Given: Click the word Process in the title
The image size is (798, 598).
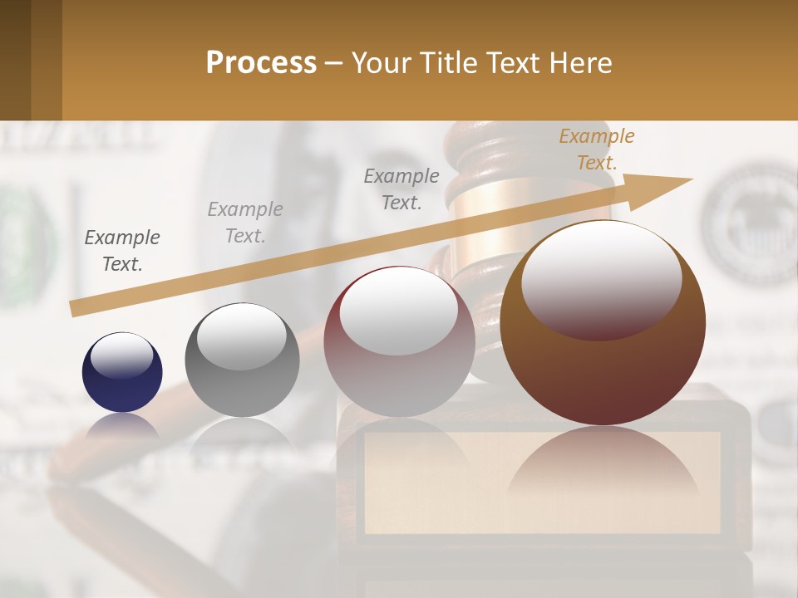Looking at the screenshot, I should [x=261, y=63].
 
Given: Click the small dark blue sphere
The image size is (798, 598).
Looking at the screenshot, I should [x=122, y=372].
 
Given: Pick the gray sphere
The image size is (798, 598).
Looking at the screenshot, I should [x=242, y=360].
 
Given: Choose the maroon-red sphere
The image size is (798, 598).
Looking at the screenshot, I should [x=399, y=342].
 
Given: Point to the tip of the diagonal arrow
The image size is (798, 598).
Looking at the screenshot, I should [x=690, y=179].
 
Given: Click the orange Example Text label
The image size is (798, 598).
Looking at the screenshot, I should [x=596, y=149].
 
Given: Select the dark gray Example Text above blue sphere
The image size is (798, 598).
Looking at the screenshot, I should [x=122, y=250].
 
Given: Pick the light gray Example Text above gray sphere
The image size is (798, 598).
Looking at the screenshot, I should [x=244, y=222].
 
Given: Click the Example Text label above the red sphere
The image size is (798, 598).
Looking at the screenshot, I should [x=401, y=189].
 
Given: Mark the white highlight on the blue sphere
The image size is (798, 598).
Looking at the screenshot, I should [x=121, y=355].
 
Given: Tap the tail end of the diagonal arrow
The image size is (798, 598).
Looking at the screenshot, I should [x=75, y=308].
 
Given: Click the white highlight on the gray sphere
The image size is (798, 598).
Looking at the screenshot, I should [x=241, y=336].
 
